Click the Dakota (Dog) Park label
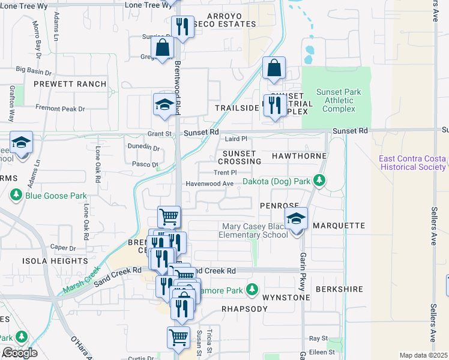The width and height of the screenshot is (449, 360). [x=276, y=181]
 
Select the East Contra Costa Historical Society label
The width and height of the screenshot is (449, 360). [x=412, y=163]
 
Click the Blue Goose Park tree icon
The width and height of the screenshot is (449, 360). [x=16, y=195]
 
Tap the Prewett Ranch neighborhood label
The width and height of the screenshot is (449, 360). [x=70, y=84]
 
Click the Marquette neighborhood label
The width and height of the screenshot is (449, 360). [x=339, y=226]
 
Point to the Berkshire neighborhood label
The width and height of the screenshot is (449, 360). [x=339, y=289]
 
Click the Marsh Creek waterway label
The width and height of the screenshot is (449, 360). [x=78, y=282]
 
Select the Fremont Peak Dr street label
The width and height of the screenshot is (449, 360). [x=59, y=109]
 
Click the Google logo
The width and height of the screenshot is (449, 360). [x=19, y=353]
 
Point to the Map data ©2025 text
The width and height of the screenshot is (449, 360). [x=423, y=355]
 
